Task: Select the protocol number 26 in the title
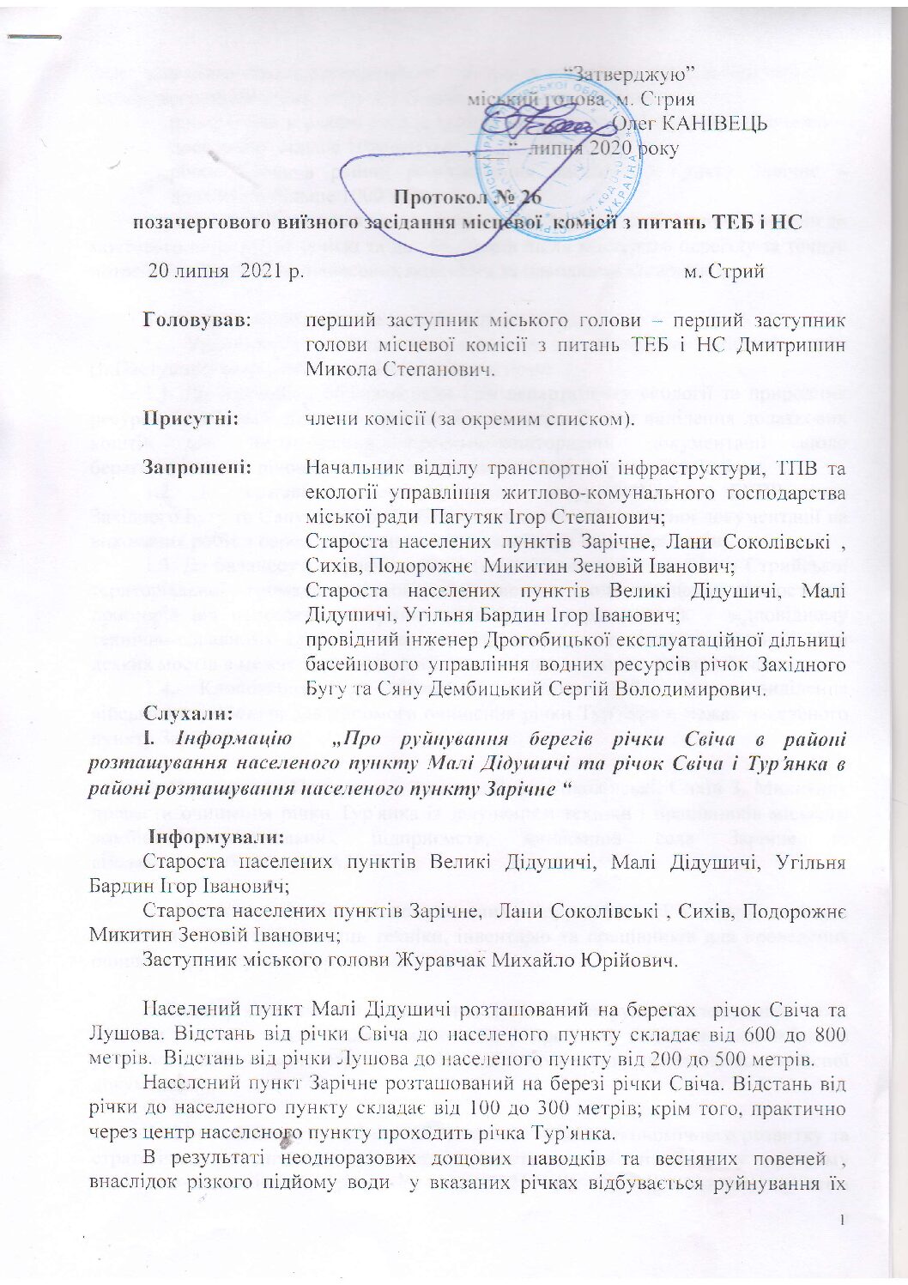point(530,197)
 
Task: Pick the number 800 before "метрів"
point(827,1034)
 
